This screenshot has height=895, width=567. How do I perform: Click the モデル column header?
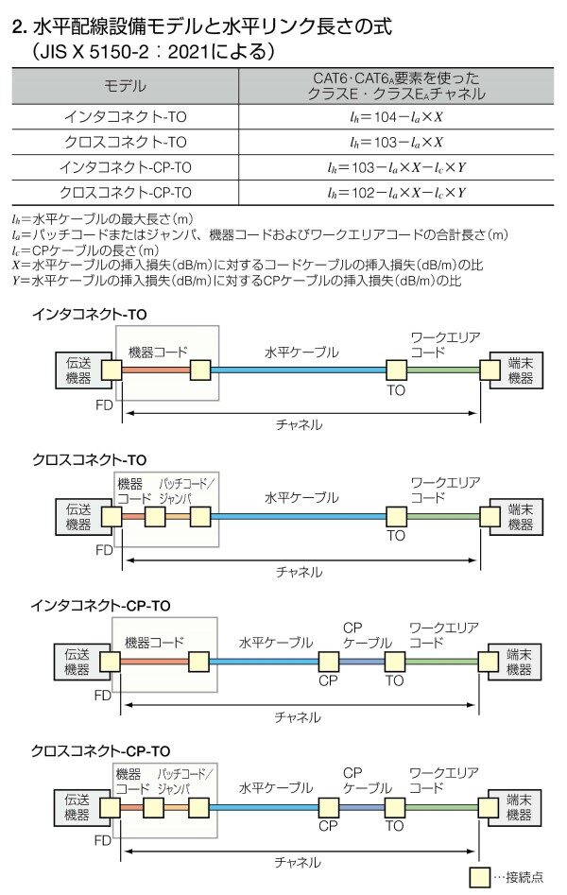click(125, 86)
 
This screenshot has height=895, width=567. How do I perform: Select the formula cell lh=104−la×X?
click(396, 117)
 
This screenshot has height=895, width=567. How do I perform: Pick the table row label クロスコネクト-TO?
click(125, 142)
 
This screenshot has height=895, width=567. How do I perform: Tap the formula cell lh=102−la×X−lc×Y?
click(396, 193)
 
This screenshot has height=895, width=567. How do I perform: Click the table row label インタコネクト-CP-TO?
click(125, 167)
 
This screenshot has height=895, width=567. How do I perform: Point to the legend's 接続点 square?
click(479, 876)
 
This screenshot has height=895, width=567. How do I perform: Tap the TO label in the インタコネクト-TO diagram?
click(396, 390)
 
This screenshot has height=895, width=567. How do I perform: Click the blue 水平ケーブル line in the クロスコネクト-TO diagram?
click(299, 517)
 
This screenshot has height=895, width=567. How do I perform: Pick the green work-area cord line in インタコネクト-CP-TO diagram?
click(441, 663)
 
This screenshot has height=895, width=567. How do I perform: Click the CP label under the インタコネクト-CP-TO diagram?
click(328, 680)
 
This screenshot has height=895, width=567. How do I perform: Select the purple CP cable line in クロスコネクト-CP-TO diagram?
click(362, 808)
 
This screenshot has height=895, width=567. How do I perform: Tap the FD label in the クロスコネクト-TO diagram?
click(104, 550)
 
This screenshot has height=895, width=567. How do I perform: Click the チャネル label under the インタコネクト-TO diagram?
click(299, 424)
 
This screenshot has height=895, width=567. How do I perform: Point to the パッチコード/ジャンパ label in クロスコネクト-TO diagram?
click(185, 491)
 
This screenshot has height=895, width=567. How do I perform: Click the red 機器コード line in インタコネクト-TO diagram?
click(156, 370)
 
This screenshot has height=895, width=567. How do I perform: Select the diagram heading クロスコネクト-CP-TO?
click(100, 751)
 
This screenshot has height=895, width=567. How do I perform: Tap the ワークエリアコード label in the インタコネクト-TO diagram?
click(445, 345)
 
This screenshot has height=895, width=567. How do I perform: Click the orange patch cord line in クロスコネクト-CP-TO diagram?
click(177, 808)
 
